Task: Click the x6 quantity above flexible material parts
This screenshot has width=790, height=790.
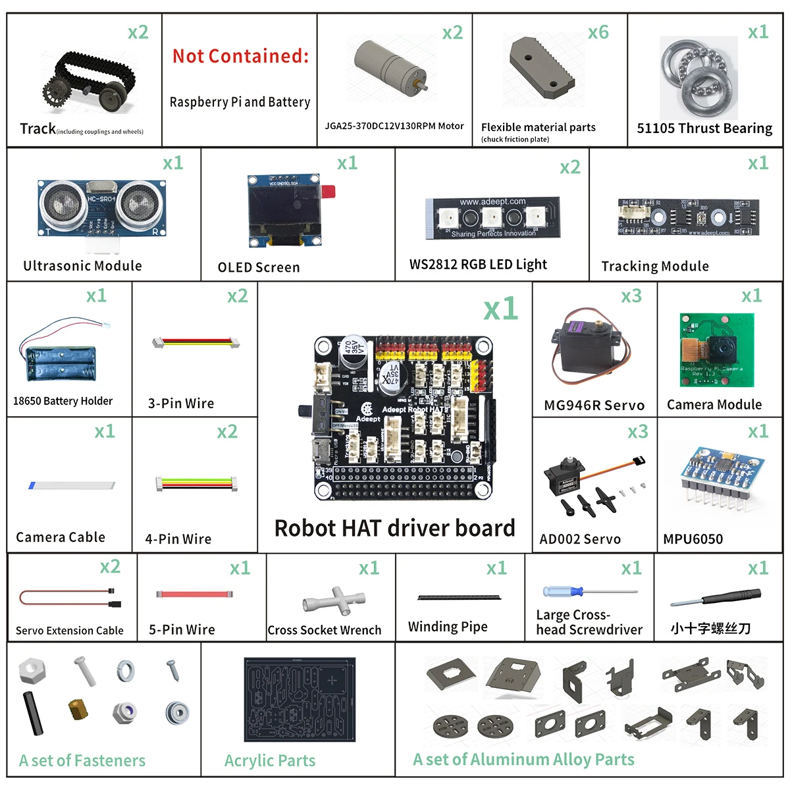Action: pos(598,32)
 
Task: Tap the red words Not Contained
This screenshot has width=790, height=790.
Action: pos(240,56)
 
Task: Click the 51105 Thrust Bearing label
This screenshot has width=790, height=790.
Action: pos(704,128)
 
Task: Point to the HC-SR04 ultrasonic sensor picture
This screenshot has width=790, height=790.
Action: pos(102,207)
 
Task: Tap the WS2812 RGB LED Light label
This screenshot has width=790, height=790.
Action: pos(478,265)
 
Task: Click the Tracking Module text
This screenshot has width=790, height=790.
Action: pos(655,266)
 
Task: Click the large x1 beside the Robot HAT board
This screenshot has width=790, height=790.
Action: pos(500,309)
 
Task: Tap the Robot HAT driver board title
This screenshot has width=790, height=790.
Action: pos(394,528)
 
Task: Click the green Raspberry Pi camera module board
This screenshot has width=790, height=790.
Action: pos(716,350)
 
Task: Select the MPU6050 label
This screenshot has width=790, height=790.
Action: pos(693,539)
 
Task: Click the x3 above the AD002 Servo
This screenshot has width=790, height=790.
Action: pos(637,432)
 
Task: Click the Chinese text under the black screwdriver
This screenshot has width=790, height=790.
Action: pos(710,628)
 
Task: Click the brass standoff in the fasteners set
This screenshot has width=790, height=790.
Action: pos(78,709)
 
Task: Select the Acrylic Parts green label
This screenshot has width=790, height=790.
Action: pos(270,761)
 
